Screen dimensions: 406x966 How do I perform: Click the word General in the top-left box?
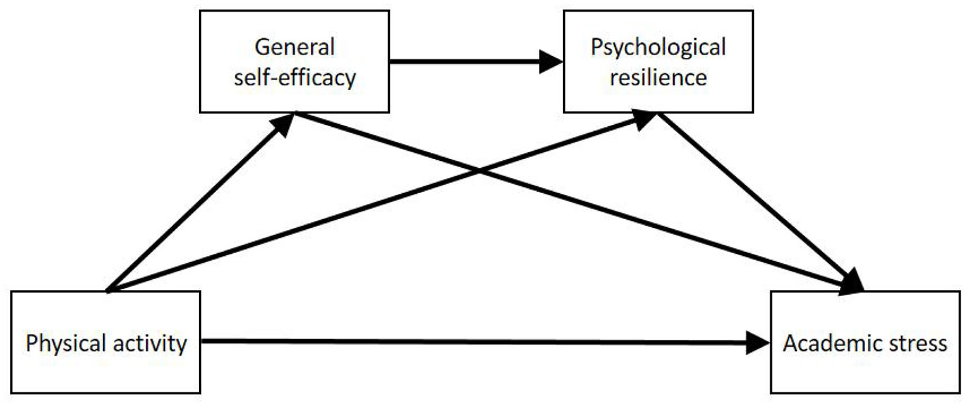(295, 48)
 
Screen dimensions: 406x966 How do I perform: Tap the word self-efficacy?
(295, 78)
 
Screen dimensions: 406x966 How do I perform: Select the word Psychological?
(658, 48)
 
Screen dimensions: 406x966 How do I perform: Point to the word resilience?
(658, 78)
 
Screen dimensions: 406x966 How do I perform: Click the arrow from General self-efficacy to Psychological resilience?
(470, 62)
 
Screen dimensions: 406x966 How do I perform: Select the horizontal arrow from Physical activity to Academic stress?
(477, 343)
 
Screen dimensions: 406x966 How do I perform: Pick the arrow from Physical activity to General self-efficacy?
(198, 205)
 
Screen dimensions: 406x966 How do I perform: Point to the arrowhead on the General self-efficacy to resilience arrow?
(551, 62)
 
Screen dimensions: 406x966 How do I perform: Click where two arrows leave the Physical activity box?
(108, 290)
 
